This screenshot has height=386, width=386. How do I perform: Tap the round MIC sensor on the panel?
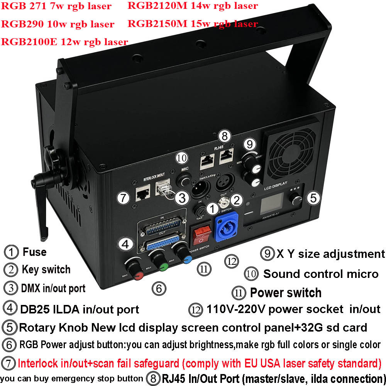pyautogui.click(x=185, y=181)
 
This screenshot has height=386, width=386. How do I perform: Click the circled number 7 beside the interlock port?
pyautogui.click(x=123, y=198)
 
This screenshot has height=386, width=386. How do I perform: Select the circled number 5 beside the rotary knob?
pyautogui.click(x=313, y=198)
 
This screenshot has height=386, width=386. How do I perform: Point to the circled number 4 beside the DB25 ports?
pyautogui.click(x=125, y=244)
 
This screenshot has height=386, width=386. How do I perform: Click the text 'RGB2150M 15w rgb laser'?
pyautogui.click(x=193, y=24)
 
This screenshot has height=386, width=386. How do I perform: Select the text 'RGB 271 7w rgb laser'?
pyautogui.click(x=56, y=6)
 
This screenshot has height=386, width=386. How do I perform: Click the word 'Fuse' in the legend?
pyautogui.click(x=34, y=252)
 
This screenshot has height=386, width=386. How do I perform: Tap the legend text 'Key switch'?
pyautogui.click(x=46, y=269)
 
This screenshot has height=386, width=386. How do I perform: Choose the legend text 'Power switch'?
pyautogui.click(x=286, y=293)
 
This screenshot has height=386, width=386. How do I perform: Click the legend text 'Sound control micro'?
pyautogui.click(x=320, y=274)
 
